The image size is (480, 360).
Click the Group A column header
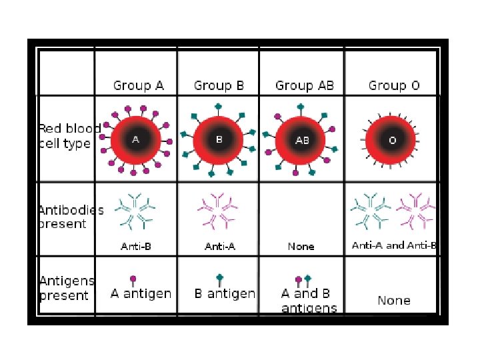coord(138,85)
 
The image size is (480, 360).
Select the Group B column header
coord(219,85)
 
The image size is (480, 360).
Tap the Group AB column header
coord(304,85)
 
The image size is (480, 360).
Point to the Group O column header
coord(394,85)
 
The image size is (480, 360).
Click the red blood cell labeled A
coord(136,140)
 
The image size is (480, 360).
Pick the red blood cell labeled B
coord(219,140)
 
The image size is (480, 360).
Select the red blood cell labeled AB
coord(302,141)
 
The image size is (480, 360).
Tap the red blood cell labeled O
coord(392,141)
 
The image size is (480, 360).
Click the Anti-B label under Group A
coord(136,247)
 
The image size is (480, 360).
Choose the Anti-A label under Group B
coord(220,247)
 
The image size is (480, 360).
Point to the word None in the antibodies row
coord(301,247)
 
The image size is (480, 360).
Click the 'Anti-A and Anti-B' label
coord(394,245)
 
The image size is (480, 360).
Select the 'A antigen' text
coord(141,293)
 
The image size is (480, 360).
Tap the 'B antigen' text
coord(225,293)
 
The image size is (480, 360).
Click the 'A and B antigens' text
coord(309,301)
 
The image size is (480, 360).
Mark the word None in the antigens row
coord(394,301)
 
